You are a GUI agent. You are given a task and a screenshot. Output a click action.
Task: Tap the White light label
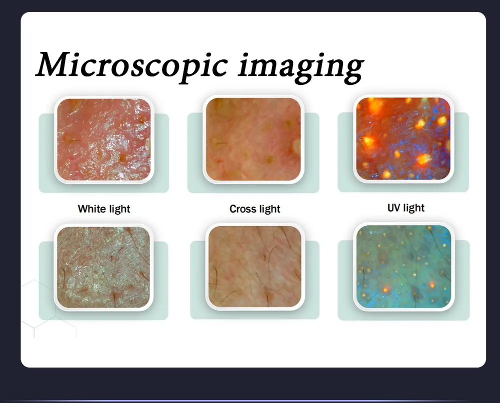coord(104,209)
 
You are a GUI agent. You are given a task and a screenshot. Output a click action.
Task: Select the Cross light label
coord(255,209)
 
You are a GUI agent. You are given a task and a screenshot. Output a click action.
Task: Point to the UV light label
coord(406,207)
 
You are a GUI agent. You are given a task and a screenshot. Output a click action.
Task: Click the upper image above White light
coord(103,139)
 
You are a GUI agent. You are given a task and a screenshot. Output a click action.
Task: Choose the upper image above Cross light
coord(253,139)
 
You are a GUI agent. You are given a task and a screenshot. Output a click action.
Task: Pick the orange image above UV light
coord(403,138)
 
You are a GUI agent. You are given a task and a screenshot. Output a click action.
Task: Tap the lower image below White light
coord(103,267)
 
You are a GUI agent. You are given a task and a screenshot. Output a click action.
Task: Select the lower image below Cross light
coord(255,267)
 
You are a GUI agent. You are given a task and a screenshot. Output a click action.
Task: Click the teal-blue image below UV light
coord(404,266)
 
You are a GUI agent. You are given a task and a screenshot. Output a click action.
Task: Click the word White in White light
coord(91,209)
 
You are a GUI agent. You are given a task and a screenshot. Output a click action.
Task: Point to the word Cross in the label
coord(242,209)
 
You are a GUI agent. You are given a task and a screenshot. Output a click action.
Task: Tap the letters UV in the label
coord(394,207)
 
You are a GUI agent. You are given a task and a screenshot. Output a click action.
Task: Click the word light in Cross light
coord(269,209)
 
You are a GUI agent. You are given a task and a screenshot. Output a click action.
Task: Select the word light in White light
coord(119,209)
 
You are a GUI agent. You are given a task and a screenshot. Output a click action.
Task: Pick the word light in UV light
coord(414,207)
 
